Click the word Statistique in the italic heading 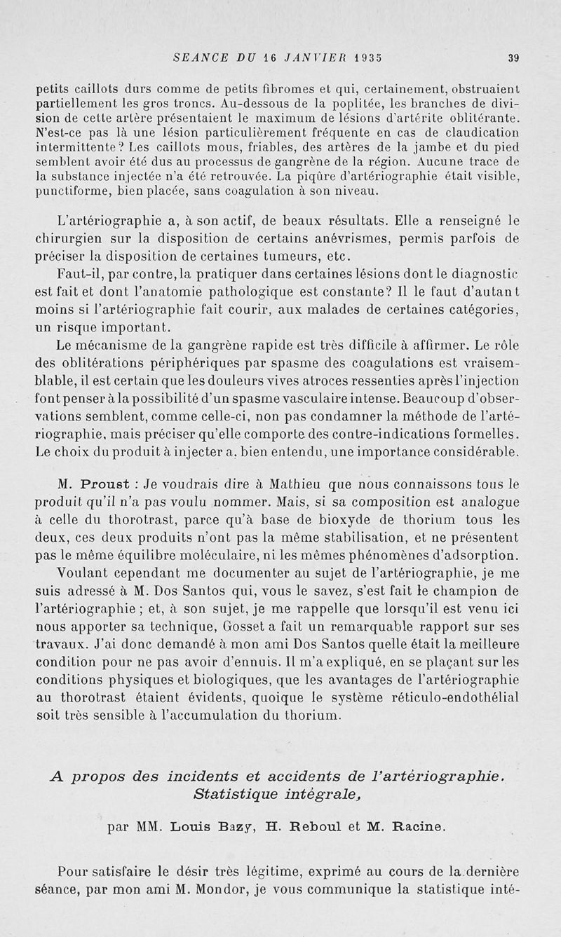[237, 795]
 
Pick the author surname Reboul [318, 826]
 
